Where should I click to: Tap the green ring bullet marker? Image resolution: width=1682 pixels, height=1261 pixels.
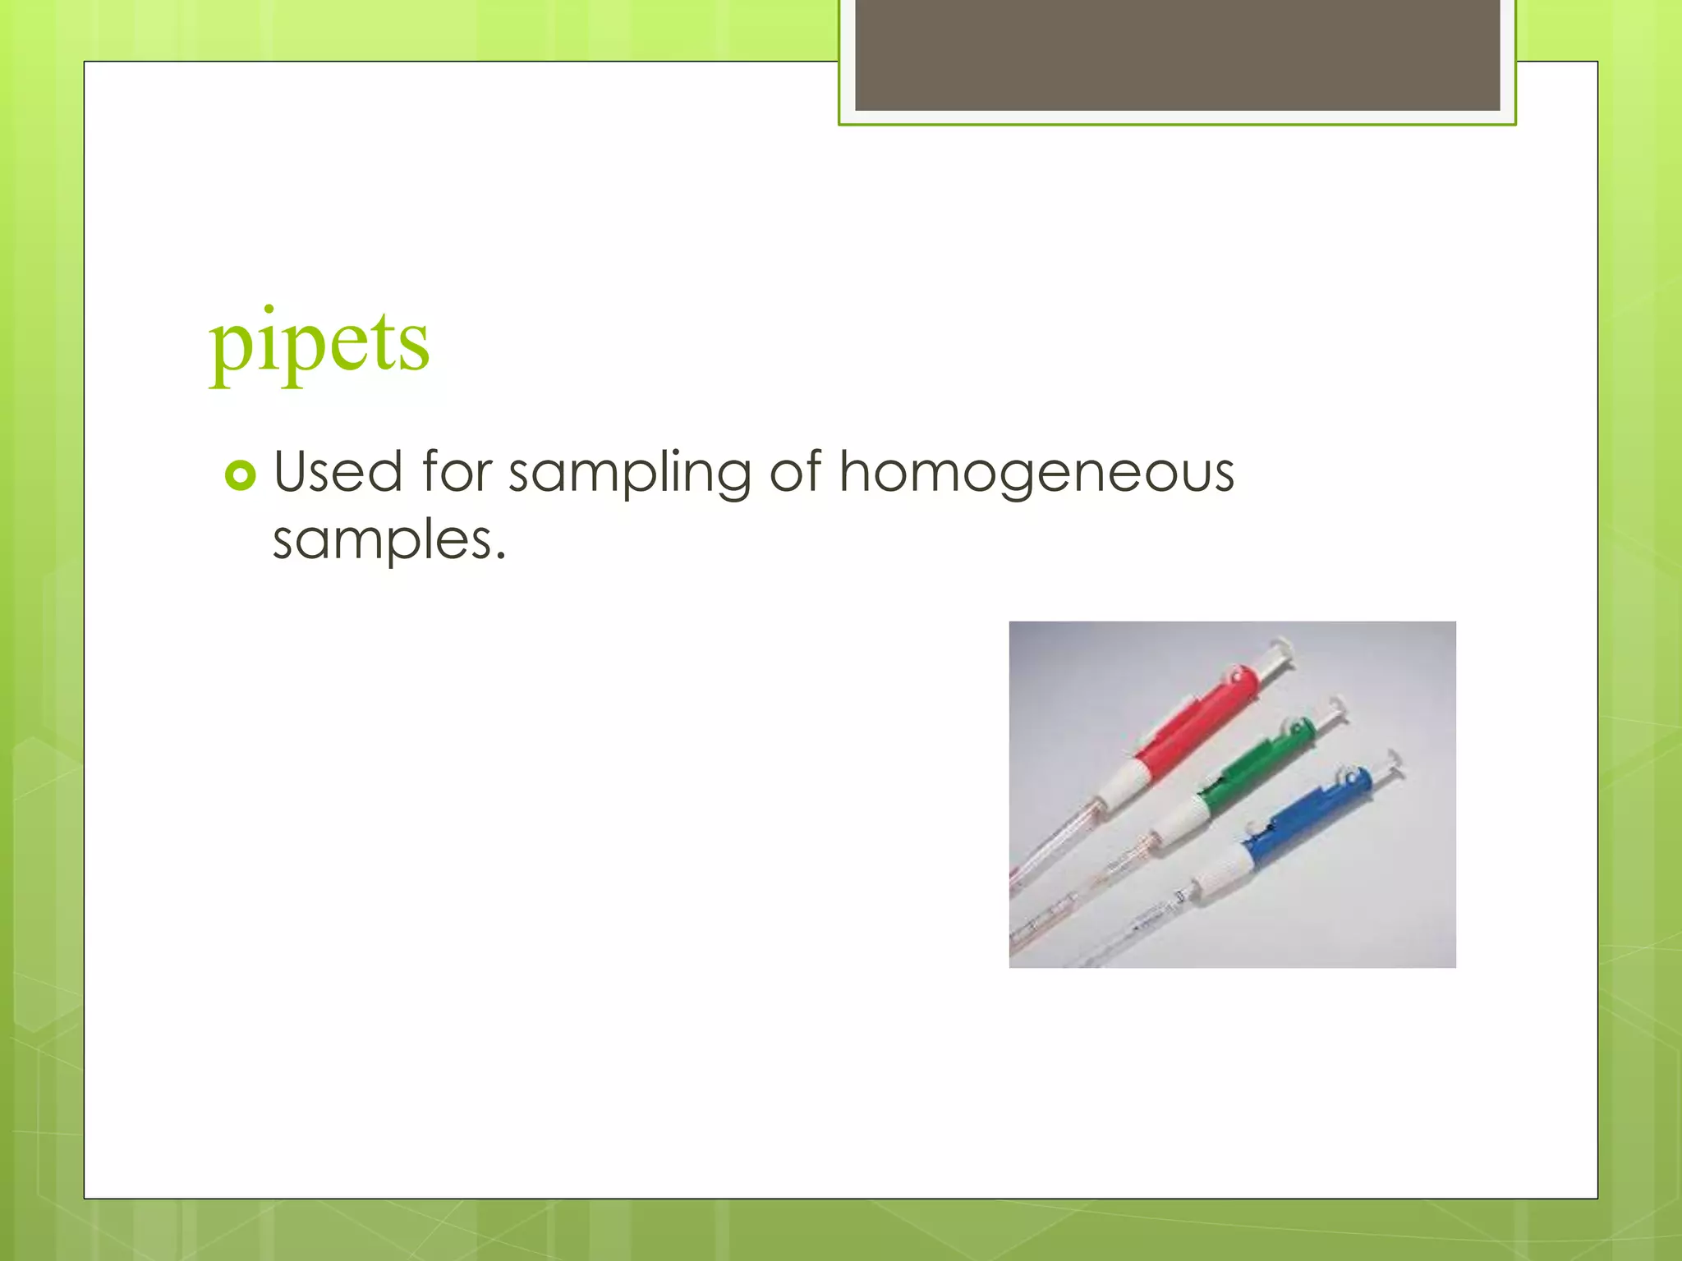click(240, 475)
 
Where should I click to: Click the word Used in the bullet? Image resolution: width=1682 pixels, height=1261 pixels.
click(338, 472)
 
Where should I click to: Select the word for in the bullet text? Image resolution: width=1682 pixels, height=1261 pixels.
click(457, 472)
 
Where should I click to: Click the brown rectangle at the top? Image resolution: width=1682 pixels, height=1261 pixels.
click(1177, 54)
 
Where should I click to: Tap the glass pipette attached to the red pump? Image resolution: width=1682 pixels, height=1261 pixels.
click(1051, 854)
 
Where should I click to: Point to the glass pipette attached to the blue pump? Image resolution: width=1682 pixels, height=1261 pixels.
click(1142, 928)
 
